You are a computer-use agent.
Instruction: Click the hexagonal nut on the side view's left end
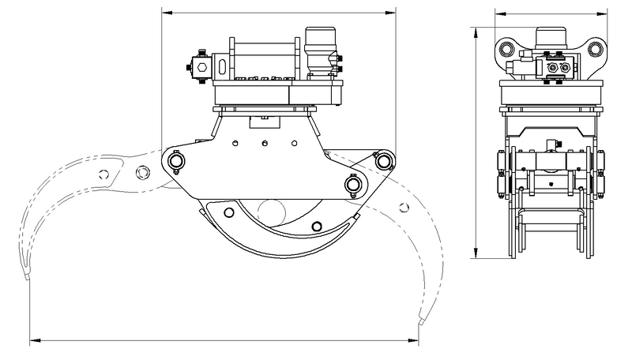(199, 69)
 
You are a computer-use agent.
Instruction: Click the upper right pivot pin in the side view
(384, 161)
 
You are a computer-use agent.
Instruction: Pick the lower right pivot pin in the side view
(353, 184)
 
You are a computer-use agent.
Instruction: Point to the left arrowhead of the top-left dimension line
(164, 13)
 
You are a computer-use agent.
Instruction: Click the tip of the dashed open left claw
(25, 278)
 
